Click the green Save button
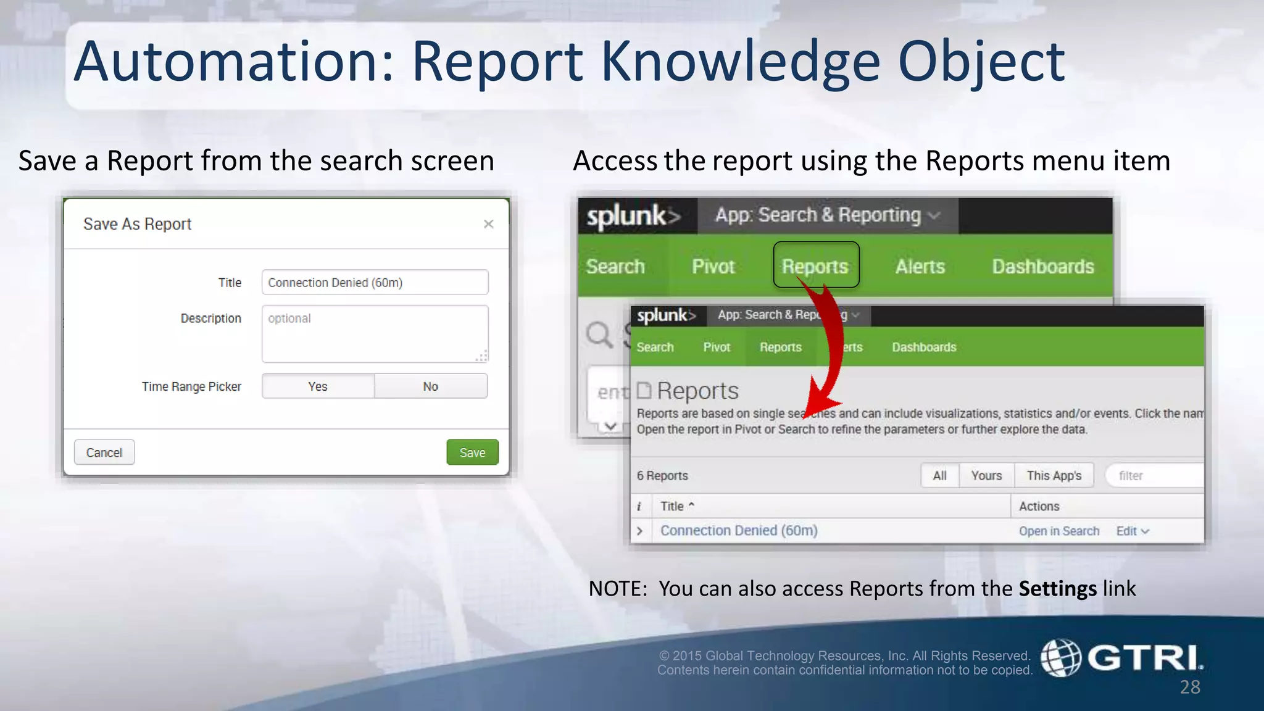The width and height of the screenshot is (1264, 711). click(472, 452)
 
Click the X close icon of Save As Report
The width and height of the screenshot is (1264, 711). click(488, 224)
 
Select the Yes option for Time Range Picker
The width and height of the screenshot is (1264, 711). click(318, 386)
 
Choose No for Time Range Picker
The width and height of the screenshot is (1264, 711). click(430, 386)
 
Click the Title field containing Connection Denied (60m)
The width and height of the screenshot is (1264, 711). click(375, 283)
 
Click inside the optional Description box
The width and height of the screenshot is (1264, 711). click(375, 333)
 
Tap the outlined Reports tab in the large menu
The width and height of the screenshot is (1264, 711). click(815, 266)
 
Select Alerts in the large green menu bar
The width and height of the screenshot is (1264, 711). click(920, 267)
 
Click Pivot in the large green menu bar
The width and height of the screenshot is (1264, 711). click(713, 267)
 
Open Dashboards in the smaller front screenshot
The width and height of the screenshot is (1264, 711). click(924, 347)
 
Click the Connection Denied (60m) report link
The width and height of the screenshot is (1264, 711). click(739, 531)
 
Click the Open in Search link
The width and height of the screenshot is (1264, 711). click(1059, 531)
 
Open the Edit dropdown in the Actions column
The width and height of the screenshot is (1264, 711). click(1132, 531)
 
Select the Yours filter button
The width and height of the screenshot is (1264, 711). click(986, 476)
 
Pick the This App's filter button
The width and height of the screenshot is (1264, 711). click(1054, 476)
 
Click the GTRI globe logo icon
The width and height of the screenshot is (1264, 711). click(1061, 658)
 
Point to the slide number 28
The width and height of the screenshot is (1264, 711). click(1190, 687)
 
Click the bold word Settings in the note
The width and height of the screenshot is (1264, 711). click(1057, 589)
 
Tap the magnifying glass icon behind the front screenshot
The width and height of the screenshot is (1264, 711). click(599, 335)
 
